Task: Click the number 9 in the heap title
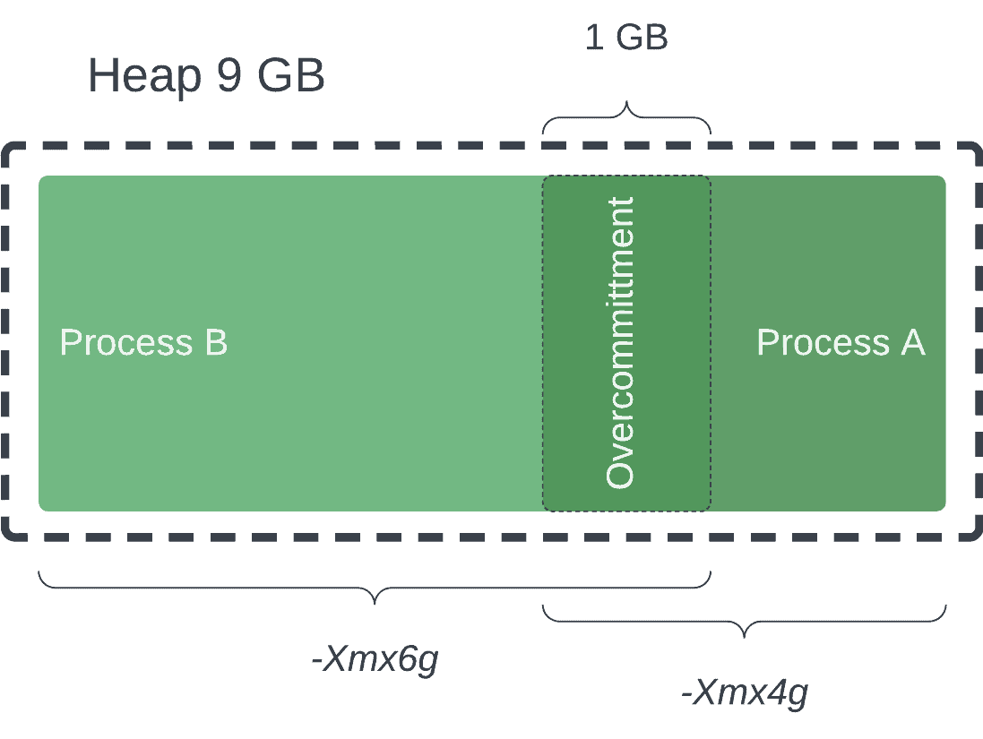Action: point(229,76)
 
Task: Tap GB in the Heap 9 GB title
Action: point(290,76)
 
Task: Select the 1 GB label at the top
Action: point(626,38)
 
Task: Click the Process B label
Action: point(143,342)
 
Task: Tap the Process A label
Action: point(841,342)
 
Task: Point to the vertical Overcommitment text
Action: point(620,342)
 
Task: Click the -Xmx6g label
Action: point(375,660)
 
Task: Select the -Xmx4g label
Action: point(745,692)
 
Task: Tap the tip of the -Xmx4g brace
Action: point(745,634)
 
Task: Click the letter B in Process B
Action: point(216,342)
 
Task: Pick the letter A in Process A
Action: point(913,342)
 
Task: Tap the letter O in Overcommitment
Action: point(620,471)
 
